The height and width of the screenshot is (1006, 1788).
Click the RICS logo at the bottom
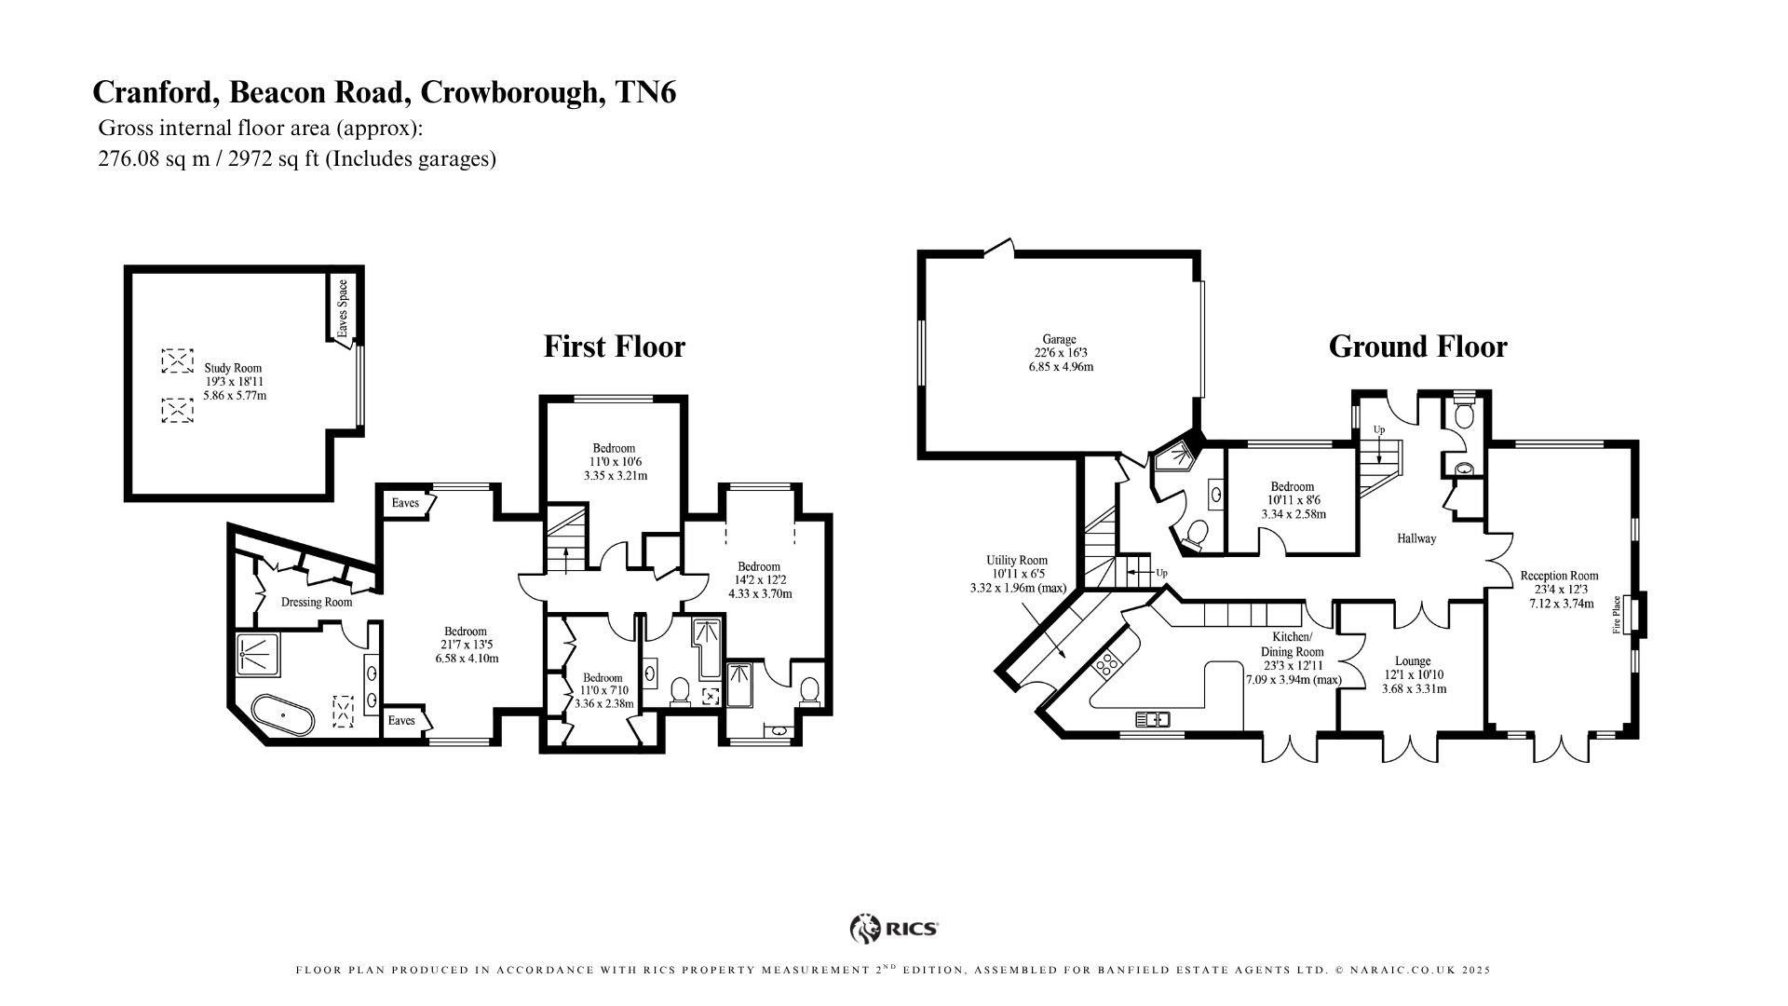(x=894, y=928)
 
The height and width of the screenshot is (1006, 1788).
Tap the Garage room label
(x=1059, y=340)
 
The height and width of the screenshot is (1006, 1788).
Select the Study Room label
(x=233, y=368)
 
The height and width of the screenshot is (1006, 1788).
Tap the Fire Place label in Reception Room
(x=1617, y=615)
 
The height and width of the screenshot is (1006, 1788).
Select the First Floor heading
(x=614, y=347)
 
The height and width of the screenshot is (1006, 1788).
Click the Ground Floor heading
(x=1416, y=347)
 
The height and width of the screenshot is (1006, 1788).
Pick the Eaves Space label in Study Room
(x=342, y=308)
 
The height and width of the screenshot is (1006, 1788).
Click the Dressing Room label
(x=317, y=602)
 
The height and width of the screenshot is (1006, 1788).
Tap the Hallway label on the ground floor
(x=1416, y=538)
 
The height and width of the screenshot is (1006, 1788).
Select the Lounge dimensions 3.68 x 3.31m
(x=1414, y=689)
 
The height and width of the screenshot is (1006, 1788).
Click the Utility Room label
(x=1017, y=561)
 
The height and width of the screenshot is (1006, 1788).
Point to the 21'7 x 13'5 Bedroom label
(x=466, y=631)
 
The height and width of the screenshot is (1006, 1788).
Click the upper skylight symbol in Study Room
(x=174, y=360)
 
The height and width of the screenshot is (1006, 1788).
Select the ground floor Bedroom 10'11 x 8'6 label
(x=1293, y=487)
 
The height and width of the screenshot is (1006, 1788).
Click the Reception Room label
(x=1559, y=576)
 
